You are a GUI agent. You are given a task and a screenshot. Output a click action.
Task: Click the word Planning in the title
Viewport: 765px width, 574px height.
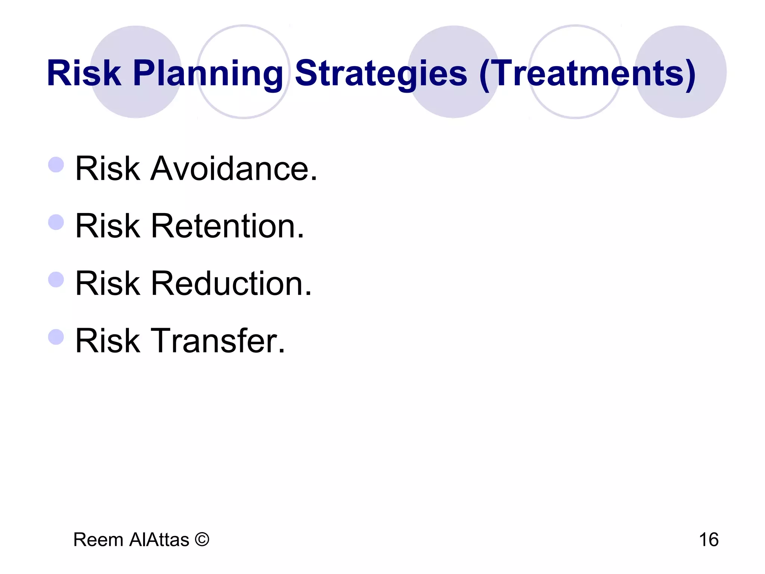208,73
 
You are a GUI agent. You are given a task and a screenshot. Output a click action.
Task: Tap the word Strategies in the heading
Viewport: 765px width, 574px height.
381,73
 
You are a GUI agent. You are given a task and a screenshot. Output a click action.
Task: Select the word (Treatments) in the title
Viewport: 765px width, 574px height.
588,73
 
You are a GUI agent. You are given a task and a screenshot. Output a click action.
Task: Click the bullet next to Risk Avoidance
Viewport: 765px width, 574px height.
56,164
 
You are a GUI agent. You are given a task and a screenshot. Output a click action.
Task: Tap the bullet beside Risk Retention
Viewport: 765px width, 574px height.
56,222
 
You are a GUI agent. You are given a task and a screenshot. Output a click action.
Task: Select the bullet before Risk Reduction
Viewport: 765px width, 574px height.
56,280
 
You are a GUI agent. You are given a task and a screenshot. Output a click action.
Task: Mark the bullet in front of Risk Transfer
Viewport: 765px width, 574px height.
56,337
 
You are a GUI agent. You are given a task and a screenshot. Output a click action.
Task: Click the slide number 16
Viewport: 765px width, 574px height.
708,540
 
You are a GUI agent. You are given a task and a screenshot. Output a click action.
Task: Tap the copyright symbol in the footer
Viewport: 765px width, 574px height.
202,539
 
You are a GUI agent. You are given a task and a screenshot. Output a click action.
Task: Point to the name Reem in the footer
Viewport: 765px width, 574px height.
98,540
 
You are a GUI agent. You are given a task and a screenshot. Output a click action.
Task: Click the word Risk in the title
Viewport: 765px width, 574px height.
84,73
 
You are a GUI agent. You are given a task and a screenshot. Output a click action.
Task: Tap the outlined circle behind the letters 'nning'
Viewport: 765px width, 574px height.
244,41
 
